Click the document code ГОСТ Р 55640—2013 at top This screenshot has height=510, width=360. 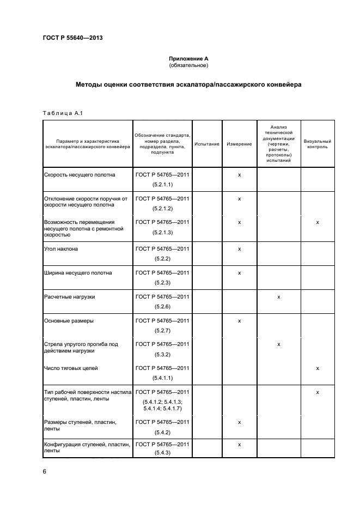(x=73, y=38)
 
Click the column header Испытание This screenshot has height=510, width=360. (x=207, y=144)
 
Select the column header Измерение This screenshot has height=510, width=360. (x=239, y=144)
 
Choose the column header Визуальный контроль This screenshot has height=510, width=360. (x=317, y=144)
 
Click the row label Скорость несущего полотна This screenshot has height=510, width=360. (x=79, y=175)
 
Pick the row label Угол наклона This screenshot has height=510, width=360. (x=60, y=248)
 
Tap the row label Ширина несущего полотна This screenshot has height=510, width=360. (x=78, y=272)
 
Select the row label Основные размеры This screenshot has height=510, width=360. (x=69, y=321)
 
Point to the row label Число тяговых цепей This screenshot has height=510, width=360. (x=71, y=368)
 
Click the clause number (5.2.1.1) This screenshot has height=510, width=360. (x=162, y=185)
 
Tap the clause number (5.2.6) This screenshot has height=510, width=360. (x=162, y=307)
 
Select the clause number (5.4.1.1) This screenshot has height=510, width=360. (x=162, y=378)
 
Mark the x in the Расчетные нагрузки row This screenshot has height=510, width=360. (x=278, y=297)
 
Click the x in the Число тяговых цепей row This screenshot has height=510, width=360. (x=318, y=368)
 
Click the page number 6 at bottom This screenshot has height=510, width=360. (x=44, y=471)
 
